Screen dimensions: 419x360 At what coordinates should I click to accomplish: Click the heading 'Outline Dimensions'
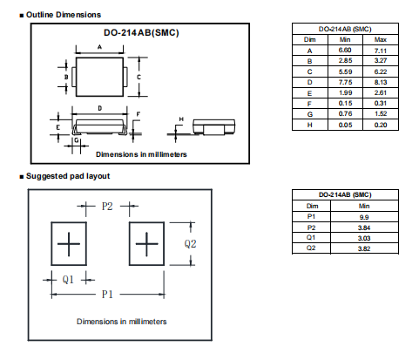coord(64,15)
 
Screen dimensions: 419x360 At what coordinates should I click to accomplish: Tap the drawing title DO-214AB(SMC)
coord(141,32)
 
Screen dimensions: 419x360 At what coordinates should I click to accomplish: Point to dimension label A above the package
coord(99,47)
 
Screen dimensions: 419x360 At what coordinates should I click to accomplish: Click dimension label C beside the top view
coord(139,77)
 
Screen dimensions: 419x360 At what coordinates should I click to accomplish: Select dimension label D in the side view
coord(100,108)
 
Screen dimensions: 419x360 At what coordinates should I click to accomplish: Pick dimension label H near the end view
coord(181,119)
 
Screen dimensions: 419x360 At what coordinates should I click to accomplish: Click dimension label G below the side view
coord(77,140)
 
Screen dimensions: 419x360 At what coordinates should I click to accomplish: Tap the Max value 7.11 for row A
coord(381,51)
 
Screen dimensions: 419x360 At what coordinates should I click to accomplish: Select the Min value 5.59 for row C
coord(345,71)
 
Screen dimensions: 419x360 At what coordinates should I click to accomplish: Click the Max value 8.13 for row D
coord(381,82)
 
